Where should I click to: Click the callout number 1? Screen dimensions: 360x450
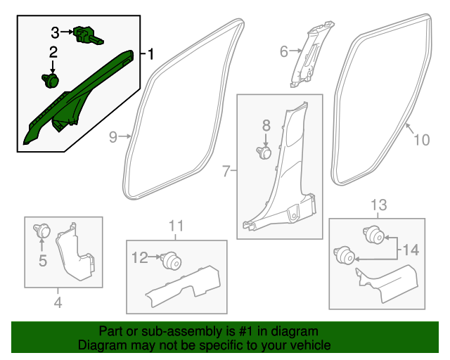coord(150,53)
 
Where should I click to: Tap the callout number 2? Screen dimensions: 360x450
coord(53,53)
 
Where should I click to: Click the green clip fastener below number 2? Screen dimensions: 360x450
coord(51,82)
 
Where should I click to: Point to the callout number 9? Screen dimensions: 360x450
coord(113,138)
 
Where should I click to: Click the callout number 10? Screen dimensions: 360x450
coord(420,140)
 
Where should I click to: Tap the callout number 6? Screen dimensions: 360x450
coord(284,51)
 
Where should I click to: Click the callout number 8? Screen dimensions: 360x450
coord(266,125)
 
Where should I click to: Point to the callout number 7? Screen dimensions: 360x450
coord(226,171)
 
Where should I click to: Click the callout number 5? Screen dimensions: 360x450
coord(42,262)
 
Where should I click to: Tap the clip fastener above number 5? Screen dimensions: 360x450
coord(42,229)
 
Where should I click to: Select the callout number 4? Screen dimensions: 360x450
coord(58,303)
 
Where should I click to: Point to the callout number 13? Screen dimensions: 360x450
coord(378,205)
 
